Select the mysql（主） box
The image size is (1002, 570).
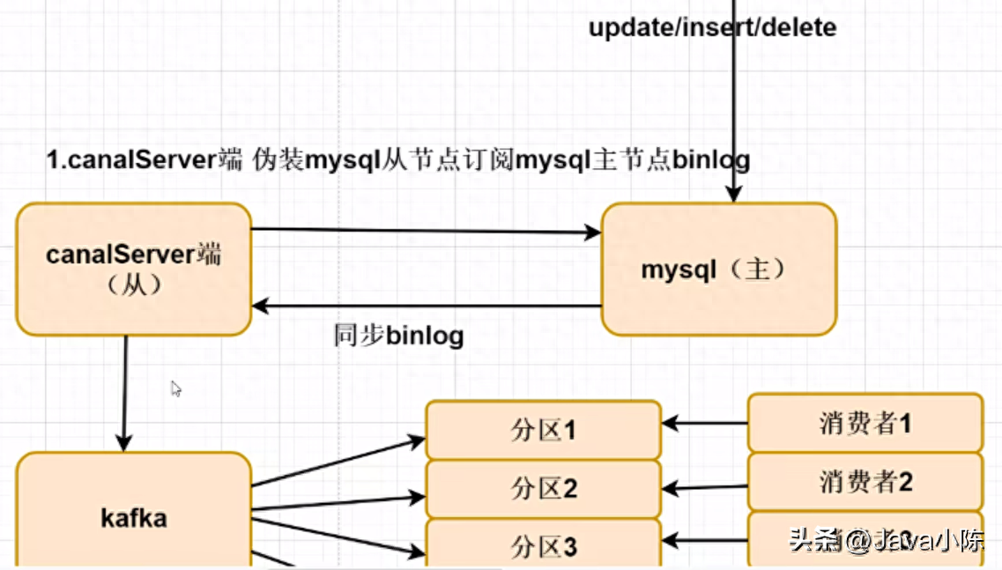click(718, 269)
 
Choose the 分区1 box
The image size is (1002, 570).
click(543, 430)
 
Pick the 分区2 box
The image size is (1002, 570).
click(543, 488)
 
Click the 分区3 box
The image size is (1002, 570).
click(543, 546)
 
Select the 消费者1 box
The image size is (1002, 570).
click(865, 423)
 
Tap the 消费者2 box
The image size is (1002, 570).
click(865, 481)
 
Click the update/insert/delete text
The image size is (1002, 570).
click(712, 27)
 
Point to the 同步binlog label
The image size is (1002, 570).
click(398, 336)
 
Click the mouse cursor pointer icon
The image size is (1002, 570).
click(176, 389)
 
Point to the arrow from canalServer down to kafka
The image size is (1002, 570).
click(124, 392)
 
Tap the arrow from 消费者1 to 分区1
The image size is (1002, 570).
click(704, 424)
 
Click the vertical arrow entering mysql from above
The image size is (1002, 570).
click(732, 106)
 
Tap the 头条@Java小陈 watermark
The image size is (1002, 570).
click(886, 540)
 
